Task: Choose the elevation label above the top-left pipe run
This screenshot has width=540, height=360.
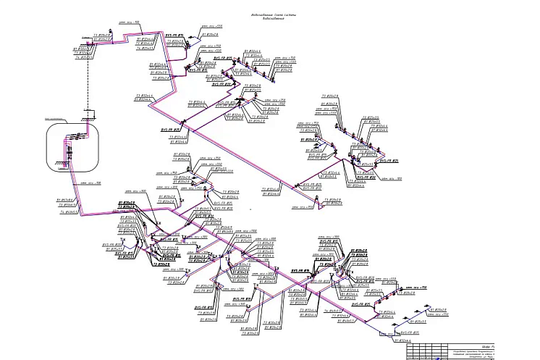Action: (x=133, y=23)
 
